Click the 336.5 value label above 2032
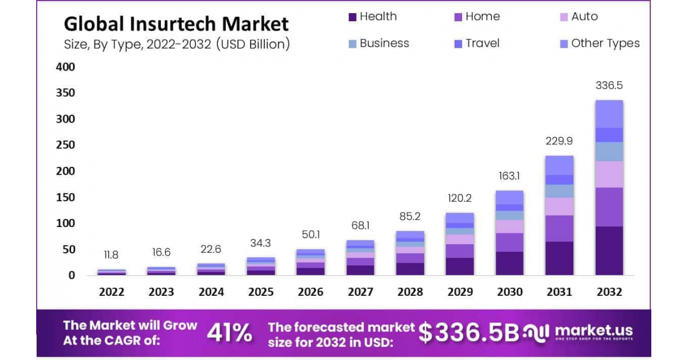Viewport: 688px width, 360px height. tap(609, 85)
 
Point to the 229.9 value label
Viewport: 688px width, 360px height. tap(559, 141)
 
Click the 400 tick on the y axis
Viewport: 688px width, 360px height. tap(65, 67)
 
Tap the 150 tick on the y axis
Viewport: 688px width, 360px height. tap(65, 197)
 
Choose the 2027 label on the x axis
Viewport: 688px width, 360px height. tap(360, 292)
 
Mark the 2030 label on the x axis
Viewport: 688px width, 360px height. tap(510, 292)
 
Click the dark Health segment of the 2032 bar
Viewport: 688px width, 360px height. tap(609, 251)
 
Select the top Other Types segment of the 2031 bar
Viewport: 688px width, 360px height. tap(559, 165)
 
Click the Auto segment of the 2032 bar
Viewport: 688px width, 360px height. tap(609, 174)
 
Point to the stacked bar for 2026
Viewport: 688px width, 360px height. tap(310, 262)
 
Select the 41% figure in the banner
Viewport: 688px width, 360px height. tap(229, 333)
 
